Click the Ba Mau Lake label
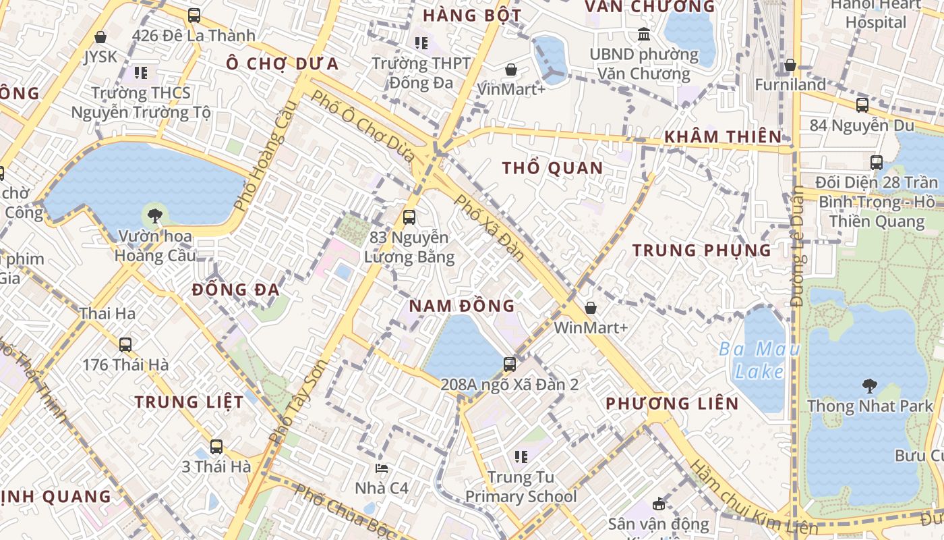click(x=759, y=360)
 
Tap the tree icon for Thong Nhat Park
click(x=869, y=386)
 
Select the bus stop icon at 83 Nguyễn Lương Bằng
click(x=409, y=217)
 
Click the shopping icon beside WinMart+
click(x=591, y=308)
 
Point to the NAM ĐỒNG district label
click(x=462, y=306)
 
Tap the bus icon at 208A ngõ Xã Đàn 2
click(x=510, y=364)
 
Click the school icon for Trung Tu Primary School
click(x=521, y=457)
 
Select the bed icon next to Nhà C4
click(x=382, y=468)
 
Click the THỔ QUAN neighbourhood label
click(x=552, y=168)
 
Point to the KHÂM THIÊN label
click(x=722, y=137)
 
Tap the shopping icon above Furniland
click(x=790, y=65)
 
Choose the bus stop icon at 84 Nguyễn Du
click(x=862, y=105)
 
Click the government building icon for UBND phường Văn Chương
click(x=644, y=34)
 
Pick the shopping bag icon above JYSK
click(x=100, y=37)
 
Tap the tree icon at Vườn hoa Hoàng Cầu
click(x=155, y=216)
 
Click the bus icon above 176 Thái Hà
click(x=125, y=344)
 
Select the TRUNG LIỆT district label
click(x=189, y=402)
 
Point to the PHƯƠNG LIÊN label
click(x=672, y=404)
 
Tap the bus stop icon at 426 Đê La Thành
click(x=194, y=15)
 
